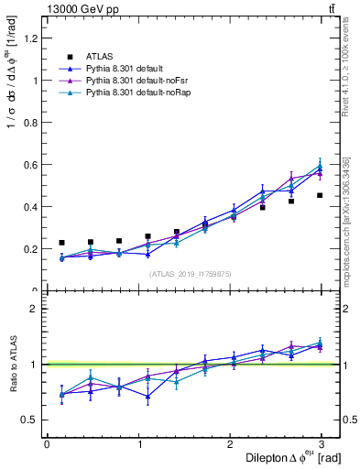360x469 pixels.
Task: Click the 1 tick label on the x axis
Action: point(139,444)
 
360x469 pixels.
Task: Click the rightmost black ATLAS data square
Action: point(320,195)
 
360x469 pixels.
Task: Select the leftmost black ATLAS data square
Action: point(61,243)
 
